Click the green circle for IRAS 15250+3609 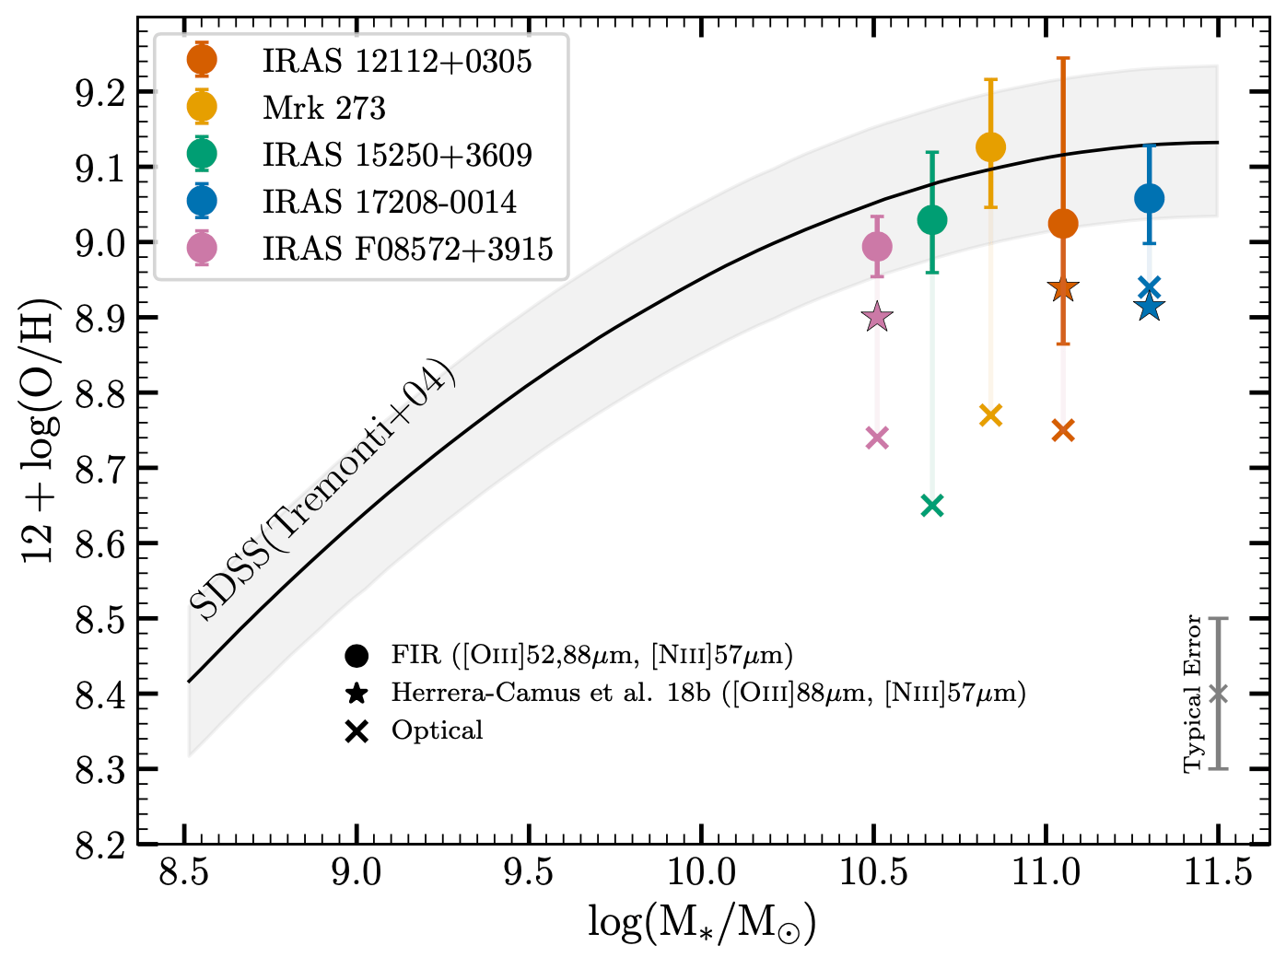tap(932, 220)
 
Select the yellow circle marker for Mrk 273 tap(990, 147)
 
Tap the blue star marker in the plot tap(1149, 308)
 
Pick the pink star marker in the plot tap(877, 318)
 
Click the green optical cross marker tap(932, 506)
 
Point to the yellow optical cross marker tap(990, 415)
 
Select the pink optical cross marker tap(877, 438)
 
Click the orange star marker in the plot tap(1063, 289)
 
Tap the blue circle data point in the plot tap(1149, 198)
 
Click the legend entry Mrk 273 tap(323, 108)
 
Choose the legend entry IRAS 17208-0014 tap(390, 202)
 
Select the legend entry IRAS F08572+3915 tap(407, 249)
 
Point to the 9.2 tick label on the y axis tap(100, 93)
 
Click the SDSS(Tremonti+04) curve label tap(322, 489)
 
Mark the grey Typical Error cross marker tap(1218, 694)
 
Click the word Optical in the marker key tap(437, 730)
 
